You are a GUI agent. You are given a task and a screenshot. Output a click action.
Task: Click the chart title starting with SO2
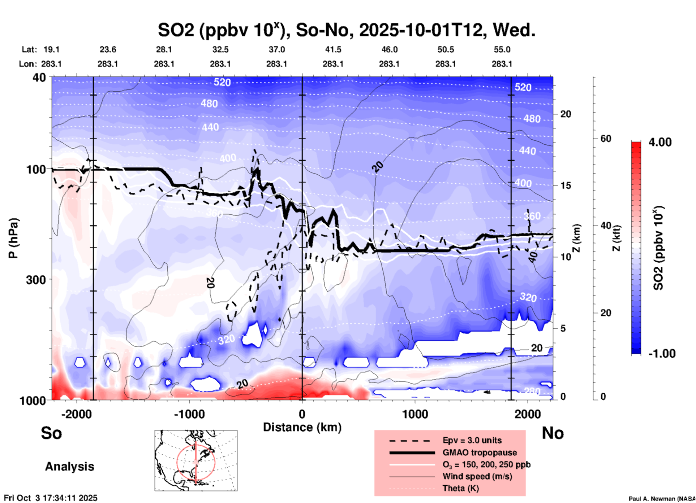[346, 30]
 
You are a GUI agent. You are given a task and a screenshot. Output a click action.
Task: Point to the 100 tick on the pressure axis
[36, 169]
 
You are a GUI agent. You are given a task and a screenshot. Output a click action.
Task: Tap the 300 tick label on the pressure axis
[36, 280]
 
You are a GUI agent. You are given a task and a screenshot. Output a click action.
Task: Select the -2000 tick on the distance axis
[77, 414]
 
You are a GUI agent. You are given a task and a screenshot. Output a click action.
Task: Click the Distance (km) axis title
[302, 427]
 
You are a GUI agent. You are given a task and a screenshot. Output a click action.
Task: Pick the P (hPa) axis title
[13, 238]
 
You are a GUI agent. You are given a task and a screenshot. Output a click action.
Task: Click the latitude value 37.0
[276, 49]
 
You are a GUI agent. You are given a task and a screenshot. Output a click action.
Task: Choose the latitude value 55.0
[502, 49]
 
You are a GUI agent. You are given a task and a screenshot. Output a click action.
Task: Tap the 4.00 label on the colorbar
[660, 142]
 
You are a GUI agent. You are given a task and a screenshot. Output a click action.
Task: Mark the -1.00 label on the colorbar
[662, 354]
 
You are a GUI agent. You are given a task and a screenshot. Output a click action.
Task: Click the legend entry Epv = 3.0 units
[472, 441]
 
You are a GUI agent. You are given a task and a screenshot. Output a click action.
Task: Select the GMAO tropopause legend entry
[480, 452]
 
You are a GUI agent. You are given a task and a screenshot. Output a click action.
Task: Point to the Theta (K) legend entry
[460, 488]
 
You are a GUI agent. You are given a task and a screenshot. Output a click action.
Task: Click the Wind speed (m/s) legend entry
[477, 476]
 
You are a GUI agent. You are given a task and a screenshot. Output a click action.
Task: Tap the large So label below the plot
[51, 433]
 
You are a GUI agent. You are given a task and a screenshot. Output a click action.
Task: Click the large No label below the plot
[553, 433]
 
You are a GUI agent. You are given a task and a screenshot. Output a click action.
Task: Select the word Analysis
[69, 467]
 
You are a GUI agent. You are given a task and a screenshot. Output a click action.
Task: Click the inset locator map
[196, 460]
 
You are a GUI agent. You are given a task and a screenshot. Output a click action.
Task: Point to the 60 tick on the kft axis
[606, 139]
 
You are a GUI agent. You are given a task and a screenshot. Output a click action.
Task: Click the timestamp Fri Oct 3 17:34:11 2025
[51, 498]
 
